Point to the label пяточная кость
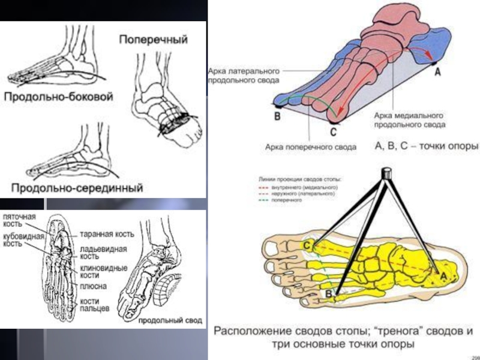(x=19, y=219)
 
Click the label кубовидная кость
(x=23, y=239)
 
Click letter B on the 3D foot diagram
(x=277, y=117)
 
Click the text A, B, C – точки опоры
(x=426, y=146)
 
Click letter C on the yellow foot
(x=307, y=245)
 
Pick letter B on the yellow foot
(x=329, y=293)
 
